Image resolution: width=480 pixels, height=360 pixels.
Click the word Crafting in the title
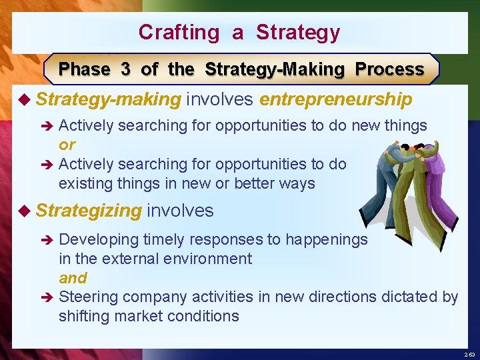[x=178, y=32]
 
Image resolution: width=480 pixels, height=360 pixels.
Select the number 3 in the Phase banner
[x=125, y=69]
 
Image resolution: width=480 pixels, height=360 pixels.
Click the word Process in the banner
[x=389, y=69]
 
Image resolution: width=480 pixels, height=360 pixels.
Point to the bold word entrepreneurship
[x=335, y=100]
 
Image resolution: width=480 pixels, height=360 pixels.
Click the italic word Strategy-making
[x=109, y=100]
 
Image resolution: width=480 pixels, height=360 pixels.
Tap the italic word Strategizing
[x=89, y=211]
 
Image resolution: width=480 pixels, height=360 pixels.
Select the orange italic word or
[x=67, y=145]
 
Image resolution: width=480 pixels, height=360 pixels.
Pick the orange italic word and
[x=73, y=278]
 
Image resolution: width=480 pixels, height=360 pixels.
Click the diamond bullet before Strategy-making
[x=25, y=101]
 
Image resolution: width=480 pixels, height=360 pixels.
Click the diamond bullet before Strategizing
[x=25, y=211]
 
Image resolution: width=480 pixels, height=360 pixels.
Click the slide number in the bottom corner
[x=469, y=354]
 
